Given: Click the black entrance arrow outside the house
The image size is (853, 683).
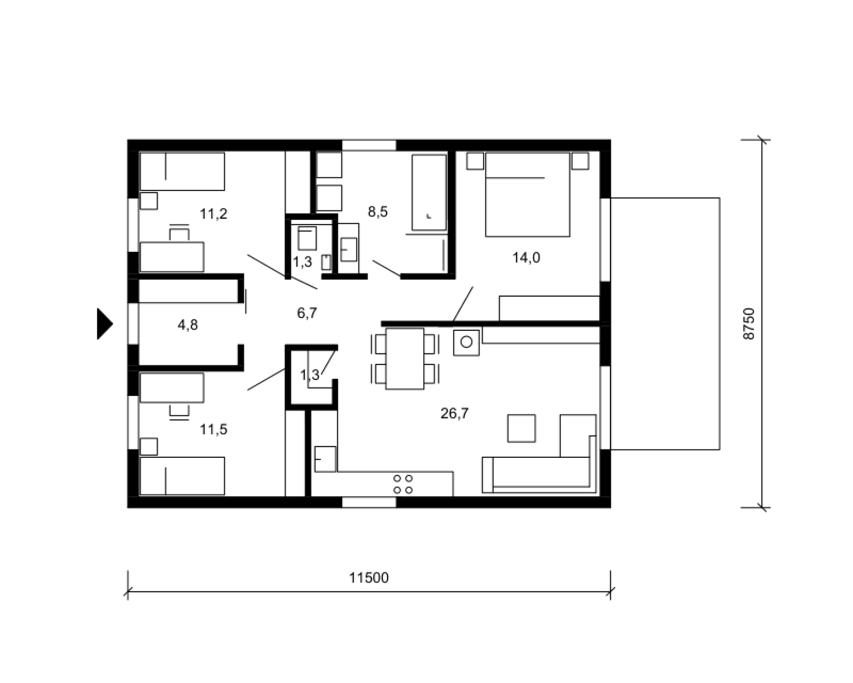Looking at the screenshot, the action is pos(105,324).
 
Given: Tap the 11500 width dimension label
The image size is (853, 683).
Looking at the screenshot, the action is pos(368,578).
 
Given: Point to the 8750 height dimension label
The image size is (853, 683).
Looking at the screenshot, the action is pos(749,324).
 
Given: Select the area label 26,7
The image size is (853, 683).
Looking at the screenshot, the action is pos(454,414).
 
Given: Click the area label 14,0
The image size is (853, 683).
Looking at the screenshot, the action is pos(526,258).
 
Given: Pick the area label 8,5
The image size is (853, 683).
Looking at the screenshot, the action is pos(378,212).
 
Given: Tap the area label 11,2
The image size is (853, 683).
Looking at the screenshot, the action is pos(214,215).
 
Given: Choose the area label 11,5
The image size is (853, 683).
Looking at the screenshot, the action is pos(214,429).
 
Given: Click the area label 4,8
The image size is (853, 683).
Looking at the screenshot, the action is pos(188,325).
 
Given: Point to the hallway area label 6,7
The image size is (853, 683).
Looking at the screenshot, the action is pos(307,313).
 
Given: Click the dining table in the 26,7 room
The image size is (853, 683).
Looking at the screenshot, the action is pos(405,359).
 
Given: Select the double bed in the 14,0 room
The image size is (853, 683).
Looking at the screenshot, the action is pos(528,195).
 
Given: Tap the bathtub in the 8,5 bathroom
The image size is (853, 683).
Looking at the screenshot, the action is pos(429,192).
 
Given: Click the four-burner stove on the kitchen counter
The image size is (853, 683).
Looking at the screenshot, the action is pos(403,484).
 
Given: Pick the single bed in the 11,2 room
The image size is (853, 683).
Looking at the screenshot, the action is pos(183,171).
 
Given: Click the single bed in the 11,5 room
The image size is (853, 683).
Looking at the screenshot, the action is pos(183,476).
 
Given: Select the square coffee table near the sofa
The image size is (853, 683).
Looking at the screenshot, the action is pos(521,428).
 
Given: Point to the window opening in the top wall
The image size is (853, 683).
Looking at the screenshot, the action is pos(369,145).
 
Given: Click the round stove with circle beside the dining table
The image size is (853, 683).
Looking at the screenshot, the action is pos(466,342).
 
